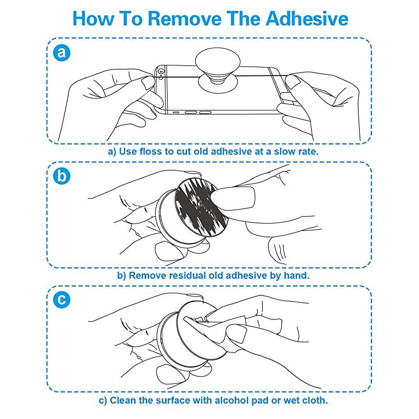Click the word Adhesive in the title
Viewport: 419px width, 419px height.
(307, 18)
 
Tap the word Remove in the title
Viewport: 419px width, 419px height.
(185, 18)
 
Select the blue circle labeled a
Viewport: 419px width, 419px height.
(62, 52)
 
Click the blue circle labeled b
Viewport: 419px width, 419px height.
(62, 177)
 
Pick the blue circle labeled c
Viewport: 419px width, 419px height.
(62, 300)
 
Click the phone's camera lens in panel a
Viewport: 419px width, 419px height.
(161, 72)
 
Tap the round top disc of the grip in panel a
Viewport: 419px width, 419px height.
(217, 61)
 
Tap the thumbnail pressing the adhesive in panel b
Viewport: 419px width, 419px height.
(233, 199)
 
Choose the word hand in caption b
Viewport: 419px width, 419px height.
(296, 275)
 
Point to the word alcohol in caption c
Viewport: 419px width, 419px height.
(231, 400)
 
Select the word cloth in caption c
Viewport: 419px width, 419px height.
(315, 400)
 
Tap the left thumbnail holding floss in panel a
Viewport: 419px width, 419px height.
(148, 83)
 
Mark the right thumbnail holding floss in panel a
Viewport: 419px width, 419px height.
(292, 82)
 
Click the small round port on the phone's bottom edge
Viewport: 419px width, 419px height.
(175, 113)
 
